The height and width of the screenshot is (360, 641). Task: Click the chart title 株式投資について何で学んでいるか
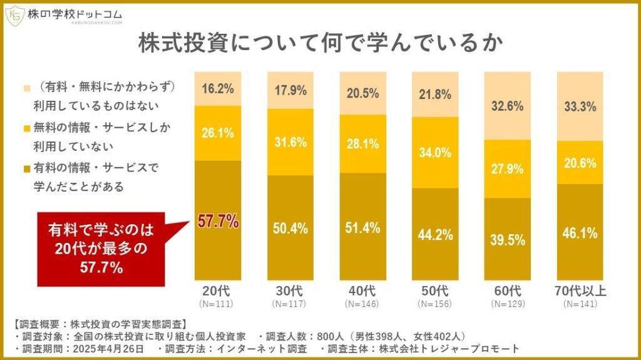[321, 45]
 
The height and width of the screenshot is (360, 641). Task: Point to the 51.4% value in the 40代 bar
[362, 228]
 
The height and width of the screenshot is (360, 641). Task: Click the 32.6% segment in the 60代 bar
[508, 106]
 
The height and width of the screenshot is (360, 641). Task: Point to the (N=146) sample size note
[362, 304]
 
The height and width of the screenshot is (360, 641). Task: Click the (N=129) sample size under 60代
[508, 304]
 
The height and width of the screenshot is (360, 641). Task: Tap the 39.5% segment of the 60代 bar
[508, 241]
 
